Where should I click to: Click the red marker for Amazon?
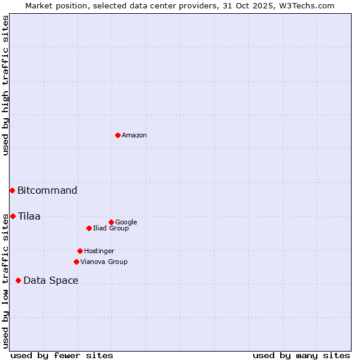click(x=118, y=135)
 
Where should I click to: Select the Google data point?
click(x=111, y=222)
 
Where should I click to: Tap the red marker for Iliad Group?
click(x=89, y=228)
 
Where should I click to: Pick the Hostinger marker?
click(x=80, y=251)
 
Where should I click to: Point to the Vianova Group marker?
click(x=76, y=262)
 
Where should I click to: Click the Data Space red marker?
click(x=18, y=280)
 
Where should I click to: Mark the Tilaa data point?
click(x=13, y=216)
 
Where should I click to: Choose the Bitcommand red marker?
click(x=12, y=190)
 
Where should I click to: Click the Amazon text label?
click(x=134, y=136)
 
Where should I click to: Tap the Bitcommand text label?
click(x=47, y=191)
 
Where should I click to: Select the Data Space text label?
click(x=51, y=281)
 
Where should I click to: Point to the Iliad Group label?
click(x=111, y=229)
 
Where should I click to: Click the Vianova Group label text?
click(x=104, y=262)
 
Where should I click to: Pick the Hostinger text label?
click(x=99, y=251)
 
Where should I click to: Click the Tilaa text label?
click(x=29, y=217)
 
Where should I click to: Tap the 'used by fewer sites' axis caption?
click(x=62, y=355)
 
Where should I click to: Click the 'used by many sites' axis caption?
click(x=301, y=355)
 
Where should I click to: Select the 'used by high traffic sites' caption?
click(x=5, y=85)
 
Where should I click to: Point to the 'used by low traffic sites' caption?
click(x=5, y=281)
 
